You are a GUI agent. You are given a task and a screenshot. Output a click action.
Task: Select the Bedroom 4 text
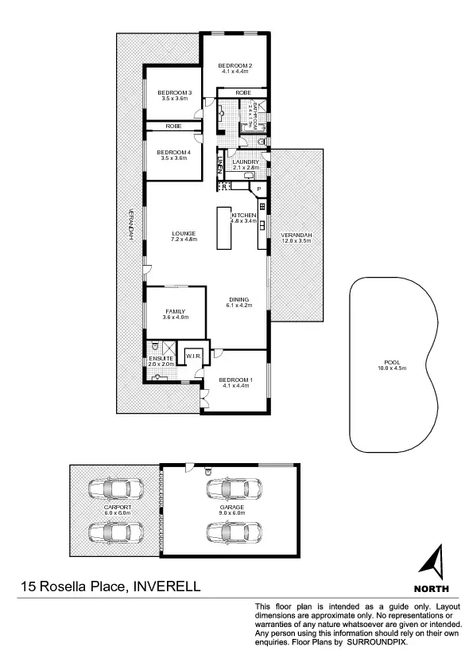pyautogui.click(x=173, y=152)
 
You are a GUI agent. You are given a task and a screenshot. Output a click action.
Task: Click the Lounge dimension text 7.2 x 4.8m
pyautogui.click(x=184, y=239)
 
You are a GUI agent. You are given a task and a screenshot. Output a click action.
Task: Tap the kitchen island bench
pyautogui.click(x=223, y=228)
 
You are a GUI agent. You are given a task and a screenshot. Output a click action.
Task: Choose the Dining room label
pyautogui.click(x=238, y=299)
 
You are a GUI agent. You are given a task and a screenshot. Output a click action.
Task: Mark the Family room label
pyautogui.click(x=175, y=311)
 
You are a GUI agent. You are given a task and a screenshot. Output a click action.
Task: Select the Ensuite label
pyautogui.click(x=161, y=359)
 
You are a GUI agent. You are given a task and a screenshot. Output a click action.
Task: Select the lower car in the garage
pyautogui.click(x=230, y=531)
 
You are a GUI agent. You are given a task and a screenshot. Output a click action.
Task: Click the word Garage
pyautogui.click(x=231, y=506)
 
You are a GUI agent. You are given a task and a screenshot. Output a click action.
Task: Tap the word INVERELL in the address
pyautogui.click(x=166, y=588)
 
